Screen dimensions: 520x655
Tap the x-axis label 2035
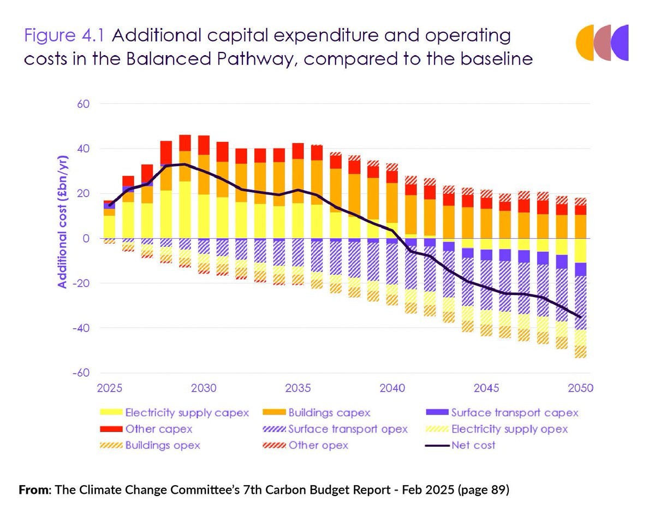point(298,389)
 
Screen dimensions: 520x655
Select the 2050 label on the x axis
point(580,389)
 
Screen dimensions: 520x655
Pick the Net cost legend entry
point(473,445)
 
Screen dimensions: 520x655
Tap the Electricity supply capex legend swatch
point(110,413)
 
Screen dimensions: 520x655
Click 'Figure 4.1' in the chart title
point(65,36)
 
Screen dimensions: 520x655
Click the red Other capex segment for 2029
point(185,143)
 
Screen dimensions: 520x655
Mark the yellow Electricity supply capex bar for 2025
point(110,227)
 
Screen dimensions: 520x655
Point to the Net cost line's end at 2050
point(580,317)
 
